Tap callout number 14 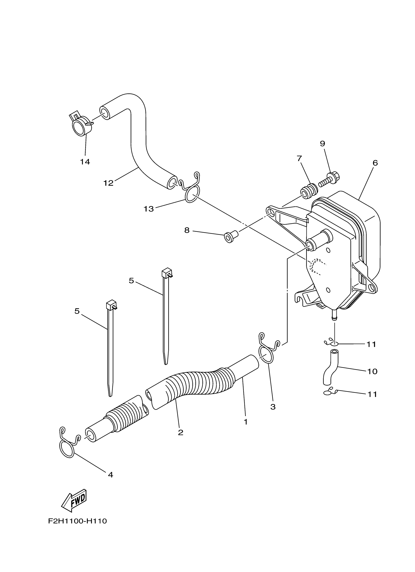tap(85, 162)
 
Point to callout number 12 tap(108, 183)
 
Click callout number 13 tap(149, 209)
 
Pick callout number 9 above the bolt tap(322, 144)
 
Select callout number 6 tap(375, 163)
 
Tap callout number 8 tap(187, 230)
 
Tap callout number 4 tap(110, 475)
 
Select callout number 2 tap(180, 433)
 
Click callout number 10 tap(372, 371)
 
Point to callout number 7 tap(299, 159)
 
